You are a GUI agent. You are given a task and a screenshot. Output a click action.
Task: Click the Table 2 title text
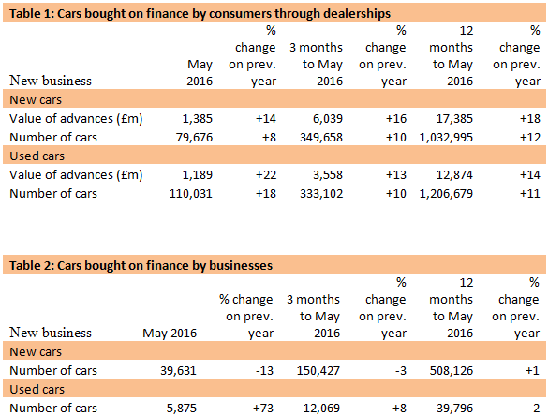coord(141,265)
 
